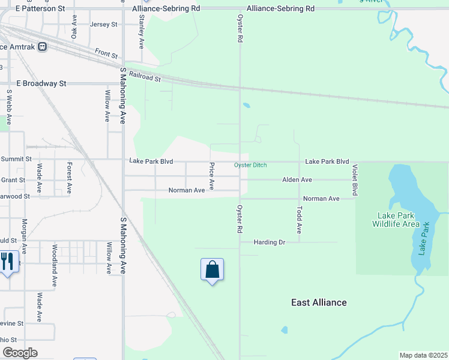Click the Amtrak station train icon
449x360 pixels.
(x=42, y=46)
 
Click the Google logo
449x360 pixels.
(x=20, y=353)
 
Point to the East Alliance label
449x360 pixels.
(x=319, y=302)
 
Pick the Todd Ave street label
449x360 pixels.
(x=299, y=220)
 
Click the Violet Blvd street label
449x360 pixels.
(x=355, y=180)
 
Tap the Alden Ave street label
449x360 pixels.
(x=297, y=179)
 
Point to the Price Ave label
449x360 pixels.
(x=211, y=174)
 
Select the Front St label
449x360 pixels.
(x=106, y=54)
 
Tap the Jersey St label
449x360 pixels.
(x=103, y=25)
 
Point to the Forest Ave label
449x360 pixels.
(x=70, y=177)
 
